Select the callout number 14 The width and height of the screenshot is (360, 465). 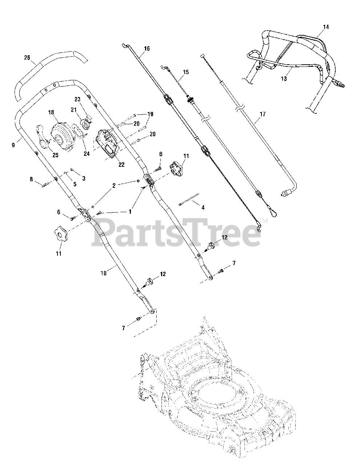(x=325, y=27)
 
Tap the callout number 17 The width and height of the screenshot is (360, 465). (x=263, y=114)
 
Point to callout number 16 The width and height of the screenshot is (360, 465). (x=147, y=49)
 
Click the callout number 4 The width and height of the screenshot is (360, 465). (x=203, y=207)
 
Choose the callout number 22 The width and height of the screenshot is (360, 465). (x=121, y=164)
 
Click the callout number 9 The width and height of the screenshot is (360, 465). (x=13, y=145)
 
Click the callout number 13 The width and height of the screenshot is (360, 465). (x=284, y=78)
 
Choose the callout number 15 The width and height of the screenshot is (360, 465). (x=186, y=72)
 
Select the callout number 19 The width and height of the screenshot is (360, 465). (x=150, y=114)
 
